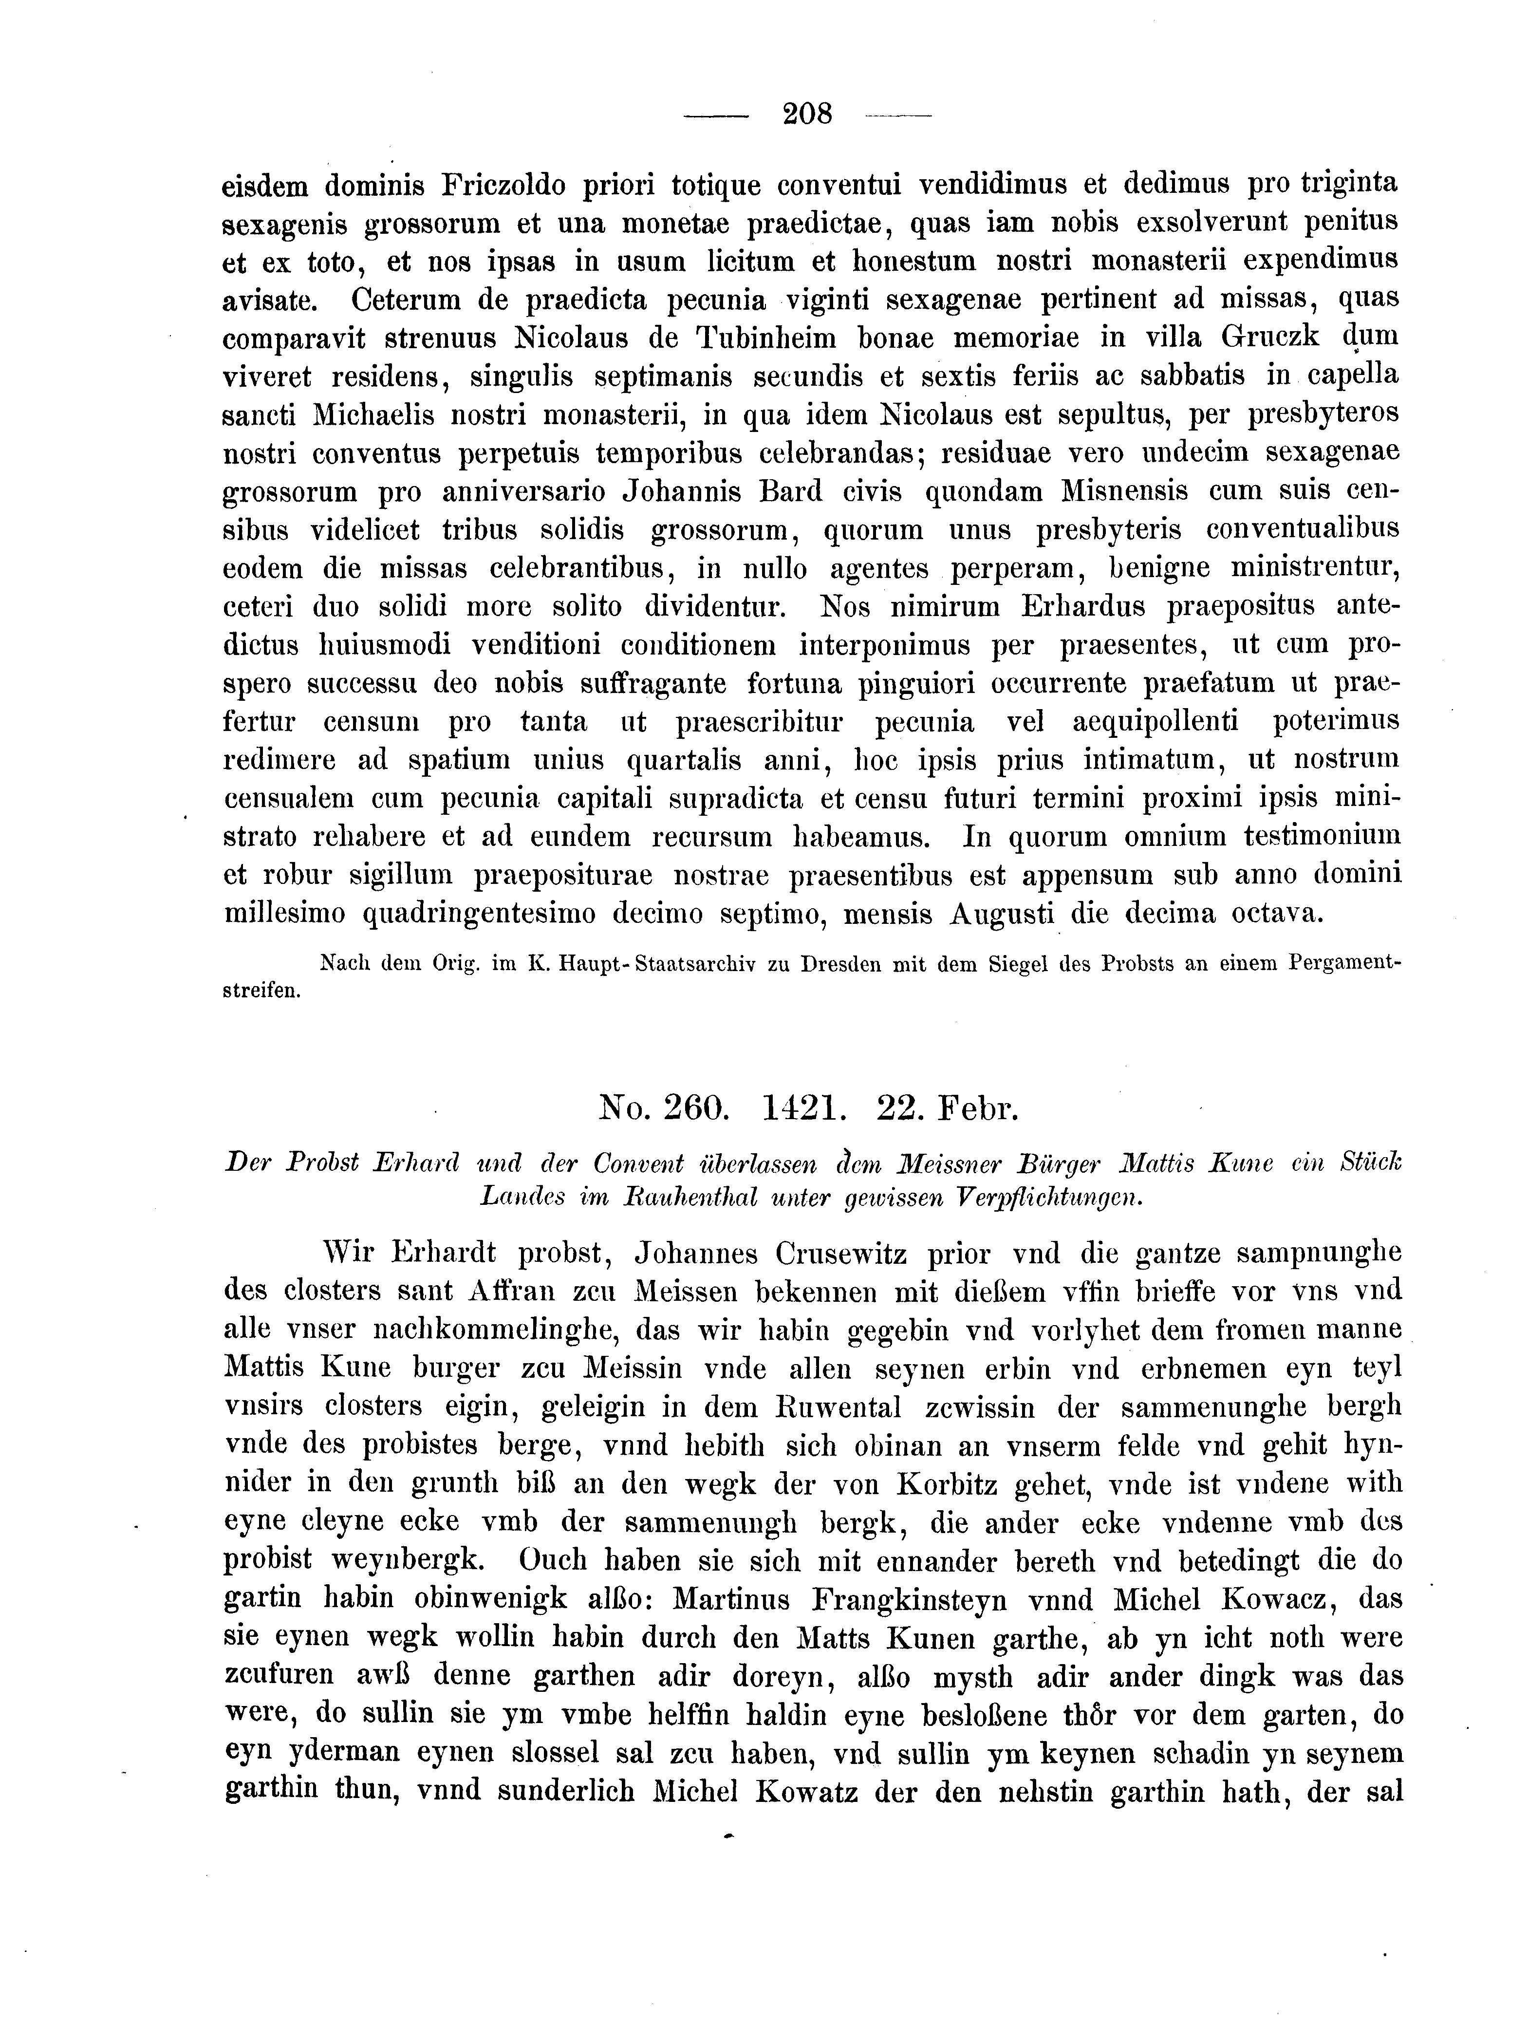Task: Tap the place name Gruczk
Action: point(1271,337)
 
